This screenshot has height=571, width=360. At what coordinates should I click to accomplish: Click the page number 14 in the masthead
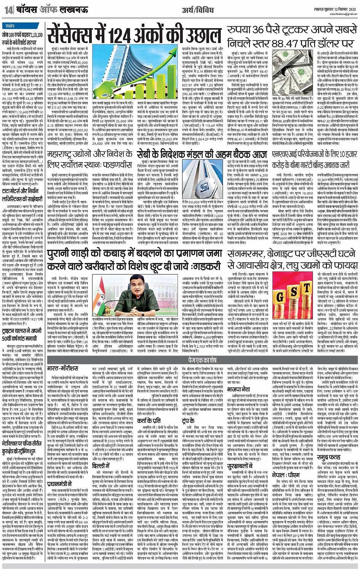[8, 10]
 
